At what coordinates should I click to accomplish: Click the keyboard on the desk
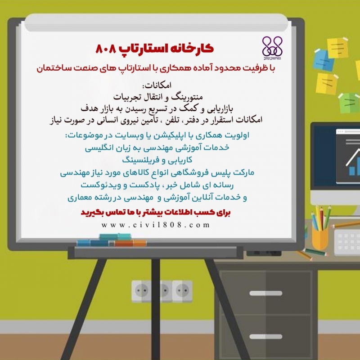[x=347, y=243]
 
